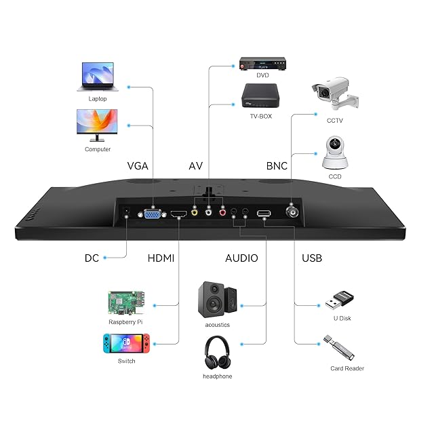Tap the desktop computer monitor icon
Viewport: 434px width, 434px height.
tap(97, 125)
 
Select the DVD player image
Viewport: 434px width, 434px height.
tap(262, 65)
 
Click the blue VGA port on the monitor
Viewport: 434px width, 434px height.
tap(153, 214)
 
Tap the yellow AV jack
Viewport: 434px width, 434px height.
tap(195, 212)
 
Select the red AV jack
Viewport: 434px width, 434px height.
tap(222, 212)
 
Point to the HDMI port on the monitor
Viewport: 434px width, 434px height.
tap(178, 215)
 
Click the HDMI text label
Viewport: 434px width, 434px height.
tap(161, 258)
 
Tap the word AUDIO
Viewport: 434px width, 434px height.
tap(241, 258)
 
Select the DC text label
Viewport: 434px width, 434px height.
tap(92, 258)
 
